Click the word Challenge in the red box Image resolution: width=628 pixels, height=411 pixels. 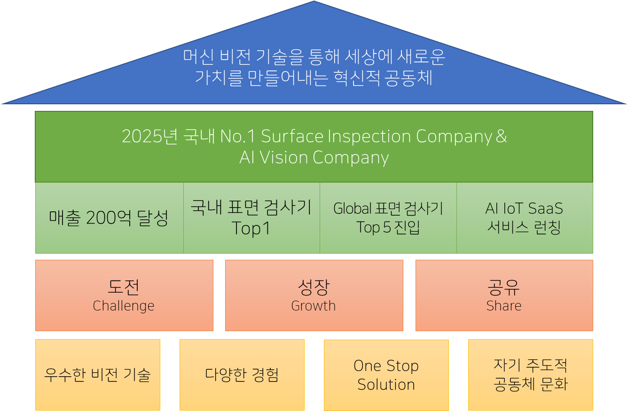[x=124, y=306]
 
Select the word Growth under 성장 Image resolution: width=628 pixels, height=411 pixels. [x=314, y=306]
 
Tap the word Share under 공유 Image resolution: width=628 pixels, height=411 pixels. [x=504, y=306]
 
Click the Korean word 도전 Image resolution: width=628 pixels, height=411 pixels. [x=124, y=287]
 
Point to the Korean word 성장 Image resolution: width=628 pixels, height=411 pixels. [x=314, y=287]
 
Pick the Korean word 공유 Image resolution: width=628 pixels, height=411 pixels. [x=504, y=287]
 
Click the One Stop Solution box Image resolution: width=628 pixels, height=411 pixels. [x=386, y=375]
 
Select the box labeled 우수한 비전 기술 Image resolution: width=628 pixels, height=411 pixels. [x=98, y=375]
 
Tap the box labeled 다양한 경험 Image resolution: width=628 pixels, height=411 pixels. [x=242, y=375]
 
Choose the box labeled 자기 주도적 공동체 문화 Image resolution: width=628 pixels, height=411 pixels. [x=531, y=375]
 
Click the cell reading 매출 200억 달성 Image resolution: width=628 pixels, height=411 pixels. [x=110, y=218]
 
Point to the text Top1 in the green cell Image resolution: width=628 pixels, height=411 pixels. [x=251, y=228]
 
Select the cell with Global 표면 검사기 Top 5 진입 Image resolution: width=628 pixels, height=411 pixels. [x=388, y=218]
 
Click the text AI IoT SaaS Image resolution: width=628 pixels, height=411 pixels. [x=524, y=209]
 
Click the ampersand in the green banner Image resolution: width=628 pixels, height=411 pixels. [x=501, y=136]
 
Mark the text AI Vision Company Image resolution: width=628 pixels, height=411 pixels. [x=314, y=158]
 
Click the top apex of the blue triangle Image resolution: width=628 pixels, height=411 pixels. [x=314, y=1]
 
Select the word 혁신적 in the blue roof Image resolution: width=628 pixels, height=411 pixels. [x=357, y=78]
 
